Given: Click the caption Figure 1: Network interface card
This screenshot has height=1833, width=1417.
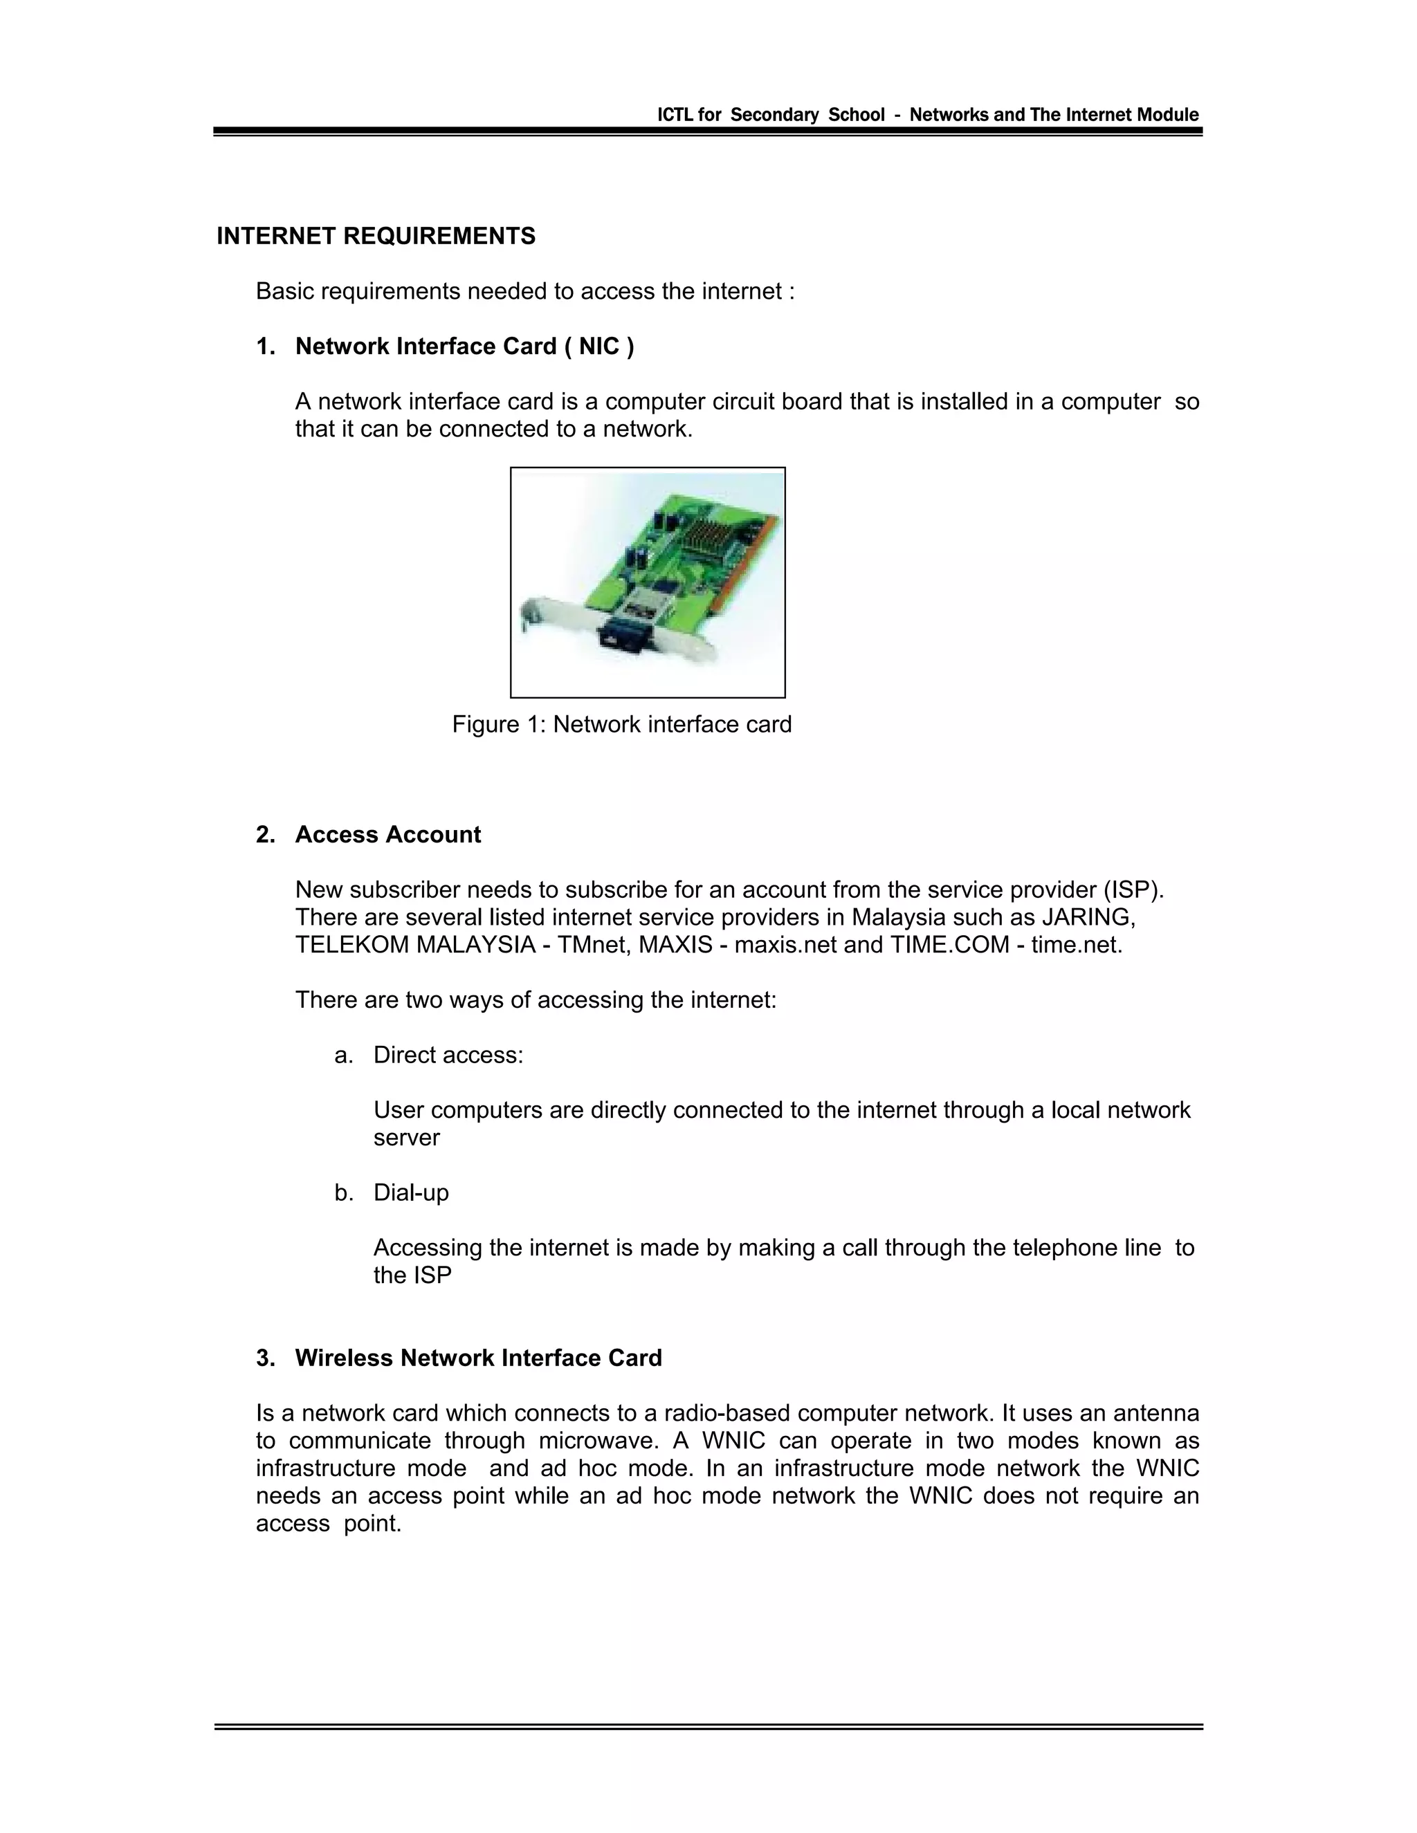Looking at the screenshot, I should point(621,724).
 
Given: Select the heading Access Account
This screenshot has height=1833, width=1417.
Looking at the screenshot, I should point(388,835).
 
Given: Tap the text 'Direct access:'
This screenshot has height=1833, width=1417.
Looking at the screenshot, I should point(448,1055).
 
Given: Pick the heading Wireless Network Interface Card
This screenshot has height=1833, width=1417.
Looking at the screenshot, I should point(479,1358).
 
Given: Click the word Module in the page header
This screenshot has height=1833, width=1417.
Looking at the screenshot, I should point(1168,115).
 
